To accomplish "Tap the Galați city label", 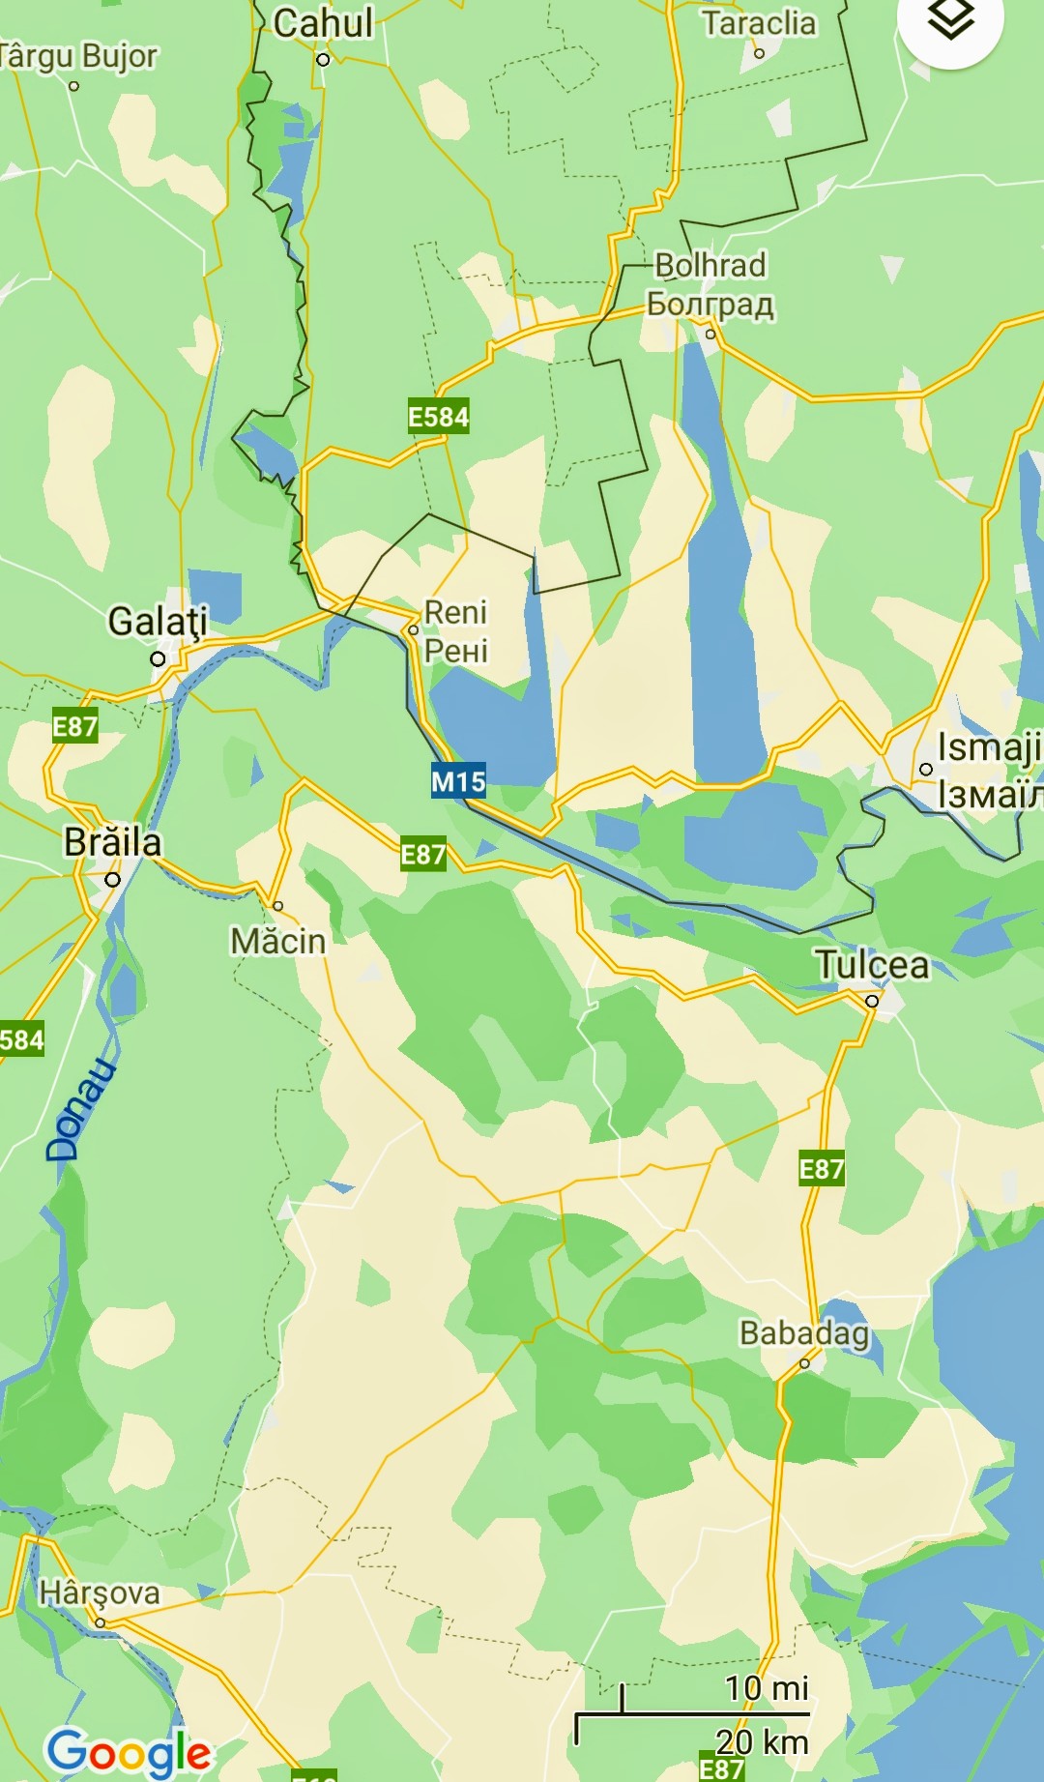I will pos(158,622).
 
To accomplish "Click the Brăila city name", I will pos(113,842).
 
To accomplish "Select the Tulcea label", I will pos(872,965).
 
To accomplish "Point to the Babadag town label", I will pos(804,1333).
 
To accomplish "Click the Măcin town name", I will pos(278,941).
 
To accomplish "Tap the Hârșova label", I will pos(100,1592).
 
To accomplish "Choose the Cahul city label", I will pos(323,23).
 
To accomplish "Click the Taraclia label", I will pos(759,22).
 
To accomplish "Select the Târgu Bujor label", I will pos(77,56).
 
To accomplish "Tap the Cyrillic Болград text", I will pos(710,305).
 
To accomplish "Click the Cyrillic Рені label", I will pos(456,651).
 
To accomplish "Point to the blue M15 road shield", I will pos(458,781).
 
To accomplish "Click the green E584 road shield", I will pos(438,417).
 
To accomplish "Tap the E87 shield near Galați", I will pos(74,726).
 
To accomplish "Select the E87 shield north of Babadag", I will pos(822,1170).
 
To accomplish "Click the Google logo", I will pos(129,1752).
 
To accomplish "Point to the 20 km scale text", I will pos(762,1741).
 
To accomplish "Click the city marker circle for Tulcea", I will pos(872,1001).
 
